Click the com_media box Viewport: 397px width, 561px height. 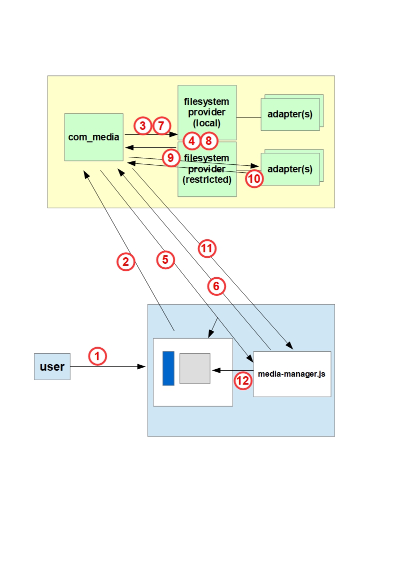[93, 137]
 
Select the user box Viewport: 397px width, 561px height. [52, 367]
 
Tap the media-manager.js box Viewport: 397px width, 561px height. [292, 374]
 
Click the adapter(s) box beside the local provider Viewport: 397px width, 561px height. [290, 114]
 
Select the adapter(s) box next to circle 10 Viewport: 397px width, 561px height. [290, 169]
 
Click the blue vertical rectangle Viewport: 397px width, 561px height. [168, 368]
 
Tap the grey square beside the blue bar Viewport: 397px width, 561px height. [195, 368]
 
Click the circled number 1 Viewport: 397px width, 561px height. [97, 356]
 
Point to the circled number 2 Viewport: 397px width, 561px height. [126, 261]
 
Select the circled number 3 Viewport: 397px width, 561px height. [143, 126]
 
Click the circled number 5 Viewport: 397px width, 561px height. [165, 259]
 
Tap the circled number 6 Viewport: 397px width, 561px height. [216, 286]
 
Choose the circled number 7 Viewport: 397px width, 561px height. [161, 126]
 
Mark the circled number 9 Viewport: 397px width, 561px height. [171, 158]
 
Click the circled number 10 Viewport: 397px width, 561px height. [254, 178]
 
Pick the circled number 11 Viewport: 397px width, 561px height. [207, 248]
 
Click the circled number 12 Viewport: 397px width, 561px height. [243, 381]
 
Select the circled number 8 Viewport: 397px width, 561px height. [209, 141]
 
